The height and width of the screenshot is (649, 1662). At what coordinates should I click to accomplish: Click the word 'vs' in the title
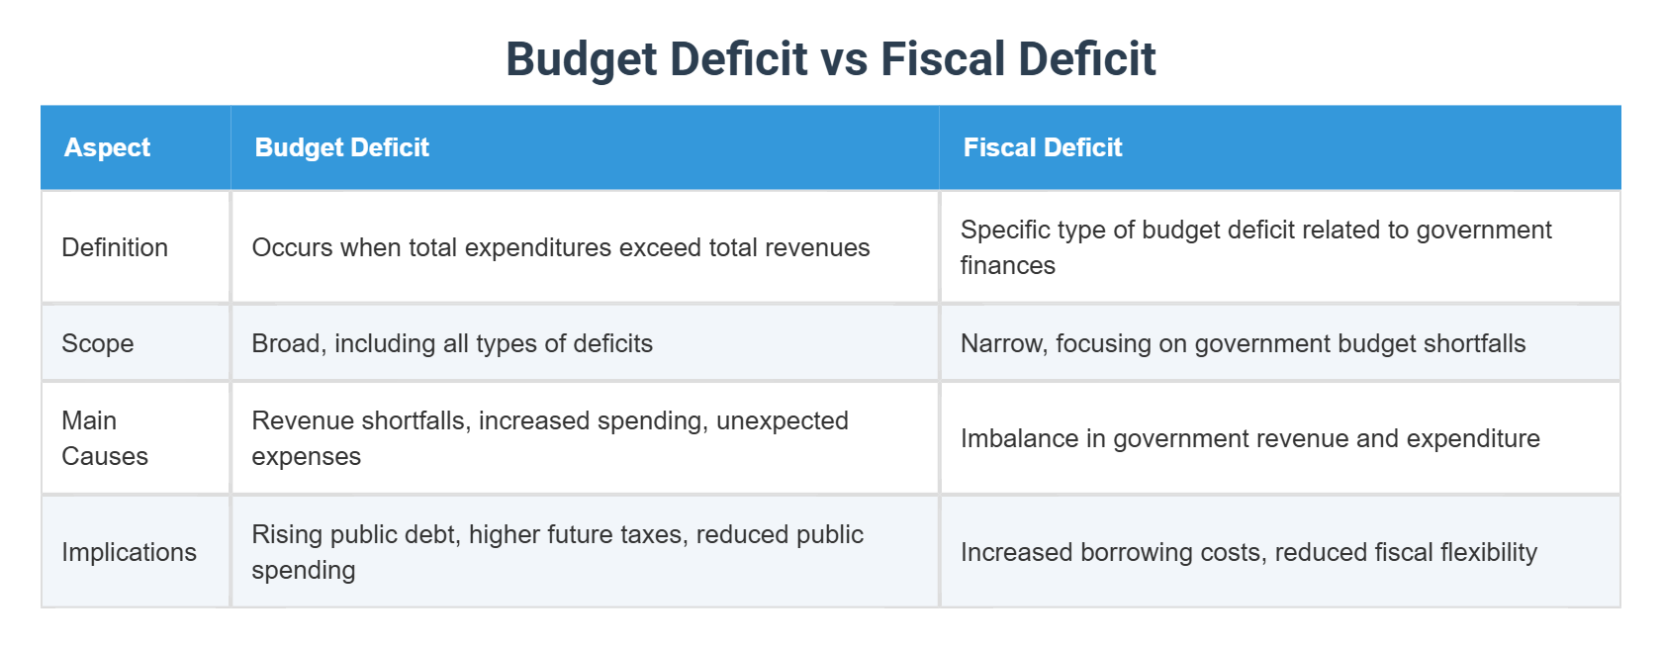pos(843,59)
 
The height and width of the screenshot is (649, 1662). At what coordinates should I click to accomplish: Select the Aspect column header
pos(107,147)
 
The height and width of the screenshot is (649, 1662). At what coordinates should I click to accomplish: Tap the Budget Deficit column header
pos(341,147)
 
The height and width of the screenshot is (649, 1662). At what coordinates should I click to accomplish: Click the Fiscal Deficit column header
pos(1042,147)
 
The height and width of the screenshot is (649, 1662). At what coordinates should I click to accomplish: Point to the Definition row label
pos(115,247)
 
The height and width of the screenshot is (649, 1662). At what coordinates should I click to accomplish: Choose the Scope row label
pos(97,343)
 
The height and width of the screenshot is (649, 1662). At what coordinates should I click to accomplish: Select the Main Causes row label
pos(104,438)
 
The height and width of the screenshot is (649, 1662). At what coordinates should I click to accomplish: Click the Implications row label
pos(129,552)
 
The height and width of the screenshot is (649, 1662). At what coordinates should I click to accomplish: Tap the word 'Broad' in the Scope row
pos(287,343)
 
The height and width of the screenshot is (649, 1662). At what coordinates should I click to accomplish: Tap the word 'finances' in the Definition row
pos(1007,265)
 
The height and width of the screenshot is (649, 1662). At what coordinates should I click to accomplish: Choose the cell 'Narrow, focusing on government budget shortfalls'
pos(1243,343)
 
